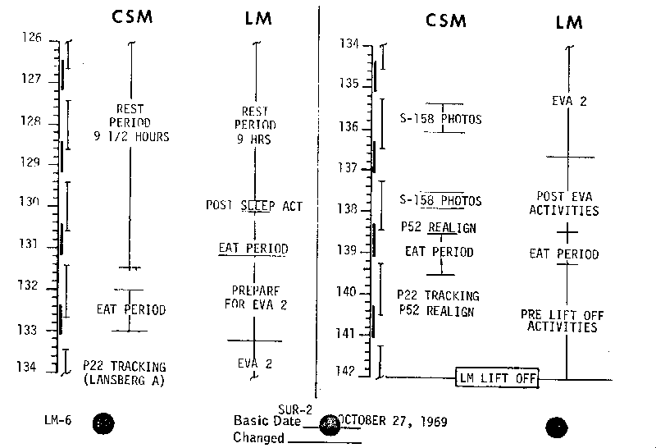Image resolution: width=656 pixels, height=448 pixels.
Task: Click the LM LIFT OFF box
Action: coord(496,377)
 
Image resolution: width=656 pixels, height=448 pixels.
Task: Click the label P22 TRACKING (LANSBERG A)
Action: coord(125,373)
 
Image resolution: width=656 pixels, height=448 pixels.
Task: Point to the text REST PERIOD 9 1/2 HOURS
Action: coord(130,123)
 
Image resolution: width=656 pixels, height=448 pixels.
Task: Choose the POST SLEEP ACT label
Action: coord(254,206)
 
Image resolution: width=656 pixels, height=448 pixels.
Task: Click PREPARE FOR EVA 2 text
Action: coord(255,296)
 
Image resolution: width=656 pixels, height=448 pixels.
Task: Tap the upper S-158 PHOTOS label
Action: coord(440,120)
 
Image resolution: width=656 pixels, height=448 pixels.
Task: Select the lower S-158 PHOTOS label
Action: coord(440,201)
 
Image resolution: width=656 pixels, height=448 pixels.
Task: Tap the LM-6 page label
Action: coord(57,420)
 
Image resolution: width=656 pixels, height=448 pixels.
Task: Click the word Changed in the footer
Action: coord(259,437)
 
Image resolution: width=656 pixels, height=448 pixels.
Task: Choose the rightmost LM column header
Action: coord(568,22)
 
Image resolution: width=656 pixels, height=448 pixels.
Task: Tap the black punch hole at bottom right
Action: coord(558,425)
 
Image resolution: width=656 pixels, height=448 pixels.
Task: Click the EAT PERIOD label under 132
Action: coord(131,310)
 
